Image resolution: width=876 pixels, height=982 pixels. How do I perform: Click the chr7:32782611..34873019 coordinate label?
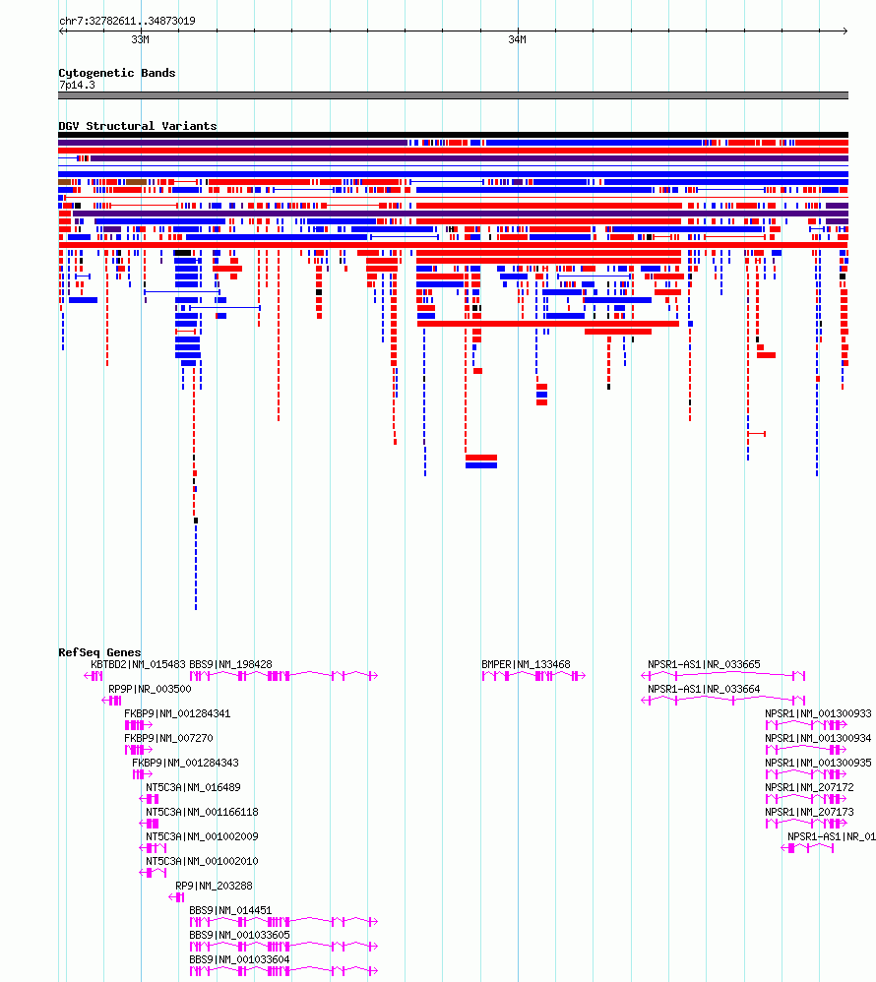(127, 21)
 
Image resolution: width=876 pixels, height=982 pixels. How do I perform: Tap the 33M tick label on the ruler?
(141, 39)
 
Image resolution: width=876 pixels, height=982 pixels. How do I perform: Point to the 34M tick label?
(517, 39)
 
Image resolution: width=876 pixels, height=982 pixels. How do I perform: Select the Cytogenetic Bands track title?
(116, 73)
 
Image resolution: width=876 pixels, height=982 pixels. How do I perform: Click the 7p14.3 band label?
(77, 85)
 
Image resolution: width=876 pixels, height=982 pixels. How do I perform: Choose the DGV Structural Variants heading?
(137, 126)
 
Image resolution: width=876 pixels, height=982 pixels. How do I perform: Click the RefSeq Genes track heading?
(99, 652)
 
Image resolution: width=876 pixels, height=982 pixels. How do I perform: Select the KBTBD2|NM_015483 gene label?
(139, 664)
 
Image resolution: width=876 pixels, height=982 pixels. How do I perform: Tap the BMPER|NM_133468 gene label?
(526, 664)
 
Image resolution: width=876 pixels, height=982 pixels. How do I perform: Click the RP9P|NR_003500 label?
(150, 689)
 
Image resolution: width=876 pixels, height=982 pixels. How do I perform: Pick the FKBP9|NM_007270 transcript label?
(168, 738)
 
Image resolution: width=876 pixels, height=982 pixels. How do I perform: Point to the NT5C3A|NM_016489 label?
(193, 787)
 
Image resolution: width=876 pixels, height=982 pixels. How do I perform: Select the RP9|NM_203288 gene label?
(214, 886)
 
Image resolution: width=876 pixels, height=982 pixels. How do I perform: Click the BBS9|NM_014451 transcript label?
(230, 910)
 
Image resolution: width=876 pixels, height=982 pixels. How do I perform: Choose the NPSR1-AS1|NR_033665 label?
(704, 664)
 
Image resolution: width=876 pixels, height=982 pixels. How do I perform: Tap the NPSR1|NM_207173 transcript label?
(809, 812)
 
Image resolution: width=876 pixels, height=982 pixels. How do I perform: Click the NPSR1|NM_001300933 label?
(818, 713)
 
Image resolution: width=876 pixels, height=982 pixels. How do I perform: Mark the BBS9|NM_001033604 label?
(239, 959)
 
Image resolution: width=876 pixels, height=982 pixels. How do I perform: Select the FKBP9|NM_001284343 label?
(185, 763)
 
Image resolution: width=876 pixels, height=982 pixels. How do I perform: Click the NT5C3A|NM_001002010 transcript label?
(202, 861)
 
